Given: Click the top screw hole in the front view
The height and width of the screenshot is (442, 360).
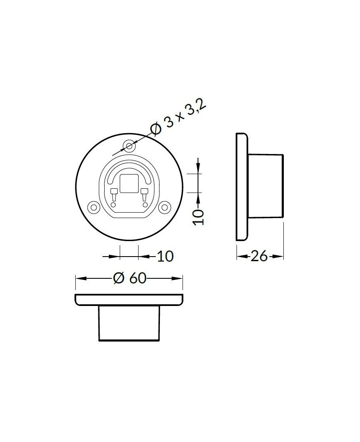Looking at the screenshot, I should click(129, 146).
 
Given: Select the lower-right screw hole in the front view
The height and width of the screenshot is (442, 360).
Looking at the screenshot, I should click(166, 206).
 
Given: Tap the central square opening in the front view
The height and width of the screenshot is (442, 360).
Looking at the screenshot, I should click(129, 184).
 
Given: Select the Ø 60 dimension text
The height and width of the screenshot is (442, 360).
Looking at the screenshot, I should click(130, 278).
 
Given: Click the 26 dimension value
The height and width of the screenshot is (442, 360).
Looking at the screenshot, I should click(259, 256).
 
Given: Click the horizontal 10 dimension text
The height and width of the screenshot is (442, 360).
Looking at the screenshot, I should click(165, 256).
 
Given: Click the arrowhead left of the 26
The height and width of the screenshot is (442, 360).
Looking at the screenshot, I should click(240, 256).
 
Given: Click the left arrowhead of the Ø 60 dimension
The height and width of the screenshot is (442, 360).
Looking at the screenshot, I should click(79, 278).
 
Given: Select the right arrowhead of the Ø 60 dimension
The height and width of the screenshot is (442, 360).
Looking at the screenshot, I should click(180, 278).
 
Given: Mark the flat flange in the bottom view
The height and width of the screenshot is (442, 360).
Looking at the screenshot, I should click(129, 300).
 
